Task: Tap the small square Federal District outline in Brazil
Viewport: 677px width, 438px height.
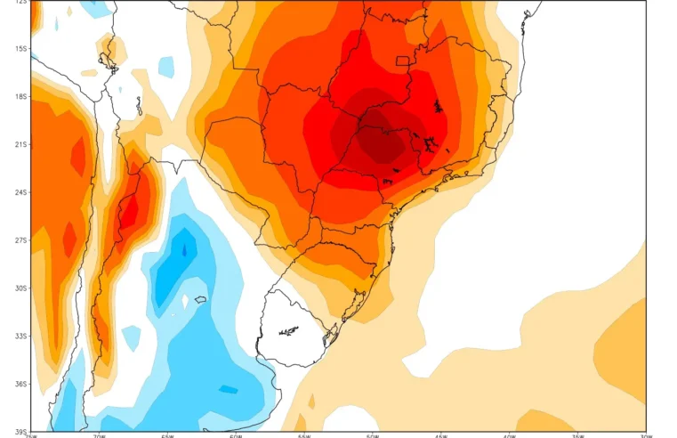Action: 403,61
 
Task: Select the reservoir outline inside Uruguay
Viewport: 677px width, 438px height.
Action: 287,333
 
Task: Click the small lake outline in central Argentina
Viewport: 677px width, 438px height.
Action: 201,300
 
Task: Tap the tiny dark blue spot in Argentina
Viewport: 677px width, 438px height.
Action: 185,251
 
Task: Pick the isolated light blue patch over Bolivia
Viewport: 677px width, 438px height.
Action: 166,66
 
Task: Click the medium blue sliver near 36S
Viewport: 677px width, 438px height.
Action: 228,389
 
